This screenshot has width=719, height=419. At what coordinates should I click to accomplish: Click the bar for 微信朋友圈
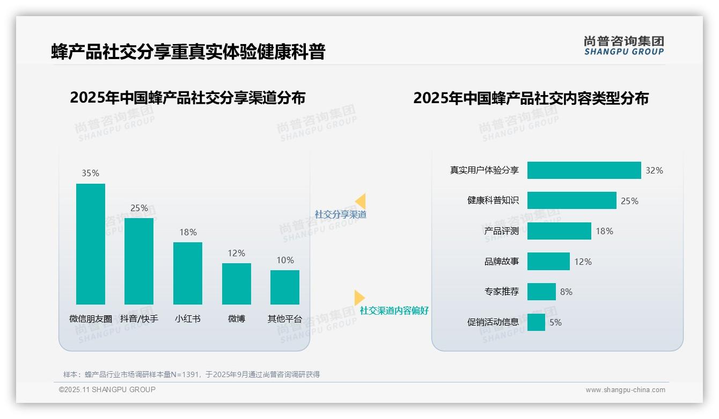point(90,244)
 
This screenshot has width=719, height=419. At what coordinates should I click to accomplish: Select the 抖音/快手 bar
point(139,261)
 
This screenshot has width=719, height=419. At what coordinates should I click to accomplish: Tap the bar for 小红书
point(187,273)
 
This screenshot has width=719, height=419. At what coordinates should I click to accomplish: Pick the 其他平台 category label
point(285,319)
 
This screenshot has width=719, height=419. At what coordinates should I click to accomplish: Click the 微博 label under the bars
point(236,319)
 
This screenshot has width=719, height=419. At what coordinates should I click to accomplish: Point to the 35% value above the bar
point(90,173)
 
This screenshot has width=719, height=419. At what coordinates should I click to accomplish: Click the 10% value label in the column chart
point(285,260)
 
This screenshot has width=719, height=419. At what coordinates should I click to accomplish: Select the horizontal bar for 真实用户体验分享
point(584,170)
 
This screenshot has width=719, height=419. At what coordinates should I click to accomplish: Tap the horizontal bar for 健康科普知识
point(571,200)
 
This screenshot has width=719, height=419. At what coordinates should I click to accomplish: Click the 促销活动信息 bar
point(536,322)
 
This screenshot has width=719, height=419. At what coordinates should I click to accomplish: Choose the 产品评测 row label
point(501,231)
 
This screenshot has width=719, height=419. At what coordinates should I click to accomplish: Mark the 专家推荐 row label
point(501,292)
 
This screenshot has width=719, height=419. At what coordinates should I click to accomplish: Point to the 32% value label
point(654,170)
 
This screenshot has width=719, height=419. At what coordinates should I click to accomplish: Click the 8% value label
point(566,292)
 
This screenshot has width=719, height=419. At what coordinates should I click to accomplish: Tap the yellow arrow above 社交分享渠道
point(361,201)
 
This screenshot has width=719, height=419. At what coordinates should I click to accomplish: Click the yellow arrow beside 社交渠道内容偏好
point(359,298)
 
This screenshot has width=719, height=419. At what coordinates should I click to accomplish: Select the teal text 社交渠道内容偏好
point(394,310)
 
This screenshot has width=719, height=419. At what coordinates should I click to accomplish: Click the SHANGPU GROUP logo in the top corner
point(623,46)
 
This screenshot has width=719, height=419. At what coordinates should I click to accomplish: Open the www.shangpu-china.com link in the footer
point(625,390)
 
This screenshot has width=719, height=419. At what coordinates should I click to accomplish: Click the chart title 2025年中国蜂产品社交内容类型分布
point(531,98)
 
